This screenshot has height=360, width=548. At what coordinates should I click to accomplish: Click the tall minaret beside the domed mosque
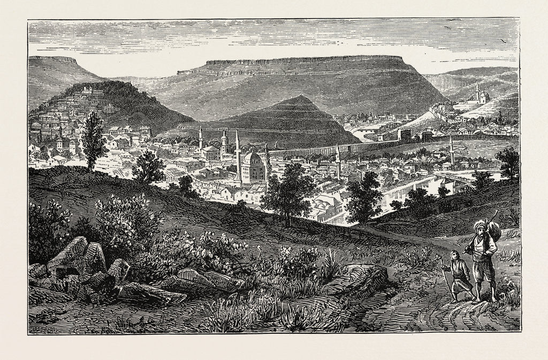[237, 152]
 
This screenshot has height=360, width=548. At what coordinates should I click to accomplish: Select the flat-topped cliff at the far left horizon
[54, 59]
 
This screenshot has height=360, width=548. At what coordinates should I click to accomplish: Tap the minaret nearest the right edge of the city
[452, 150]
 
